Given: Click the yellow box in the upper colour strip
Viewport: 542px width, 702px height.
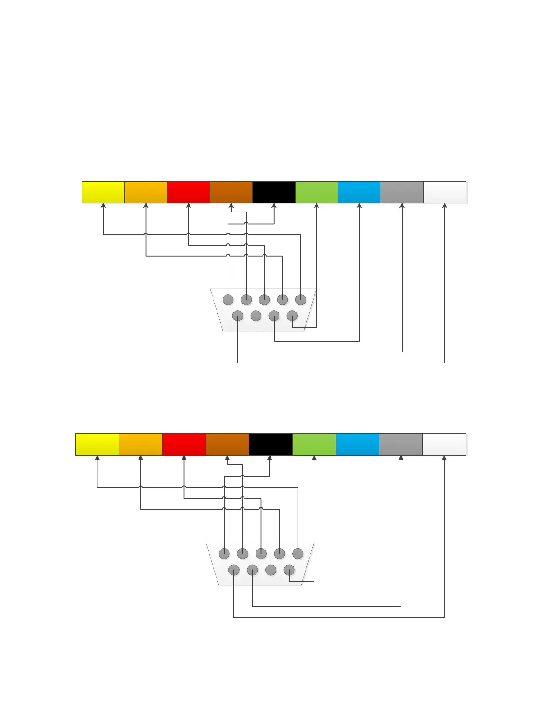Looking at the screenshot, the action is [x=103, y=192].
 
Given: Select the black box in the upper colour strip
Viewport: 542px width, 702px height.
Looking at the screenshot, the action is [x=274, y=192].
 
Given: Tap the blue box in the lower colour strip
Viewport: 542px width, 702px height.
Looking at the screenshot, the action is [x=357, y=444].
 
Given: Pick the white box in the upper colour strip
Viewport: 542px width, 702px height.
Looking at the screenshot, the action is [x=445, y=192].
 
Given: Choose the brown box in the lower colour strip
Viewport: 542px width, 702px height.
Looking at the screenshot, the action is [x=227, y=444].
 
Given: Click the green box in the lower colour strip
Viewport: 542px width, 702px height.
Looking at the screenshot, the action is [x=314, y=444].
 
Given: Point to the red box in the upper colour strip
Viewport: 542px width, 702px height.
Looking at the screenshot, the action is [x=189, y=192].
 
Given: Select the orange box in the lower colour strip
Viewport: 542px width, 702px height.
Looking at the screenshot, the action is [x=140, y=444].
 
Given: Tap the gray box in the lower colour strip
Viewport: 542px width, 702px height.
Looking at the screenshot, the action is [x=401, y=444].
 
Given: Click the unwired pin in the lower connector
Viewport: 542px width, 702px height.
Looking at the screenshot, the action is [x=271, y=570].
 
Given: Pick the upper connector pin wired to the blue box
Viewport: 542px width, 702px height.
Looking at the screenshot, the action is [x=274, y=316].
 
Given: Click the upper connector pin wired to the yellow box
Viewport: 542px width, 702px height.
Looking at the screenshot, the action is [x=301, y=300].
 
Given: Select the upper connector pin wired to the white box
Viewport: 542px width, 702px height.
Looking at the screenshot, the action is [x=238, y=316].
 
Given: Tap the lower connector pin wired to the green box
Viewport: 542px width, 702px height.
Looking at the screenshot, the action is [x=289, y=570].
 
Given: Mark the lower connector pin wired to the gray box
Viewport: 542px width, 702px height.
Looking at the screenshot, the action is [x=252, y=570].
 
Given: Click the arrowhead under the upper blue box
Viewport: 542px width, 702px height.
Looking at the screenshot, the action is [x=359, y=206].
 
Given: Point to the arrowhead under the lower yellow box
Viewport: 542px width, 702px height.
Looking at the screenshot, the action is [x=97, y=458].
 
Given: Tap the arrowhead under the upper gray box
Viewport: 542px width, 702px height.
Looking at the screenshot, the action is [x=402, y=206].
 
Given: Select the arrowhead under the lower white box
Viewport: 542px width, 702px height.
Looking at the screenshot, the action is [x=444, y=458].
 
